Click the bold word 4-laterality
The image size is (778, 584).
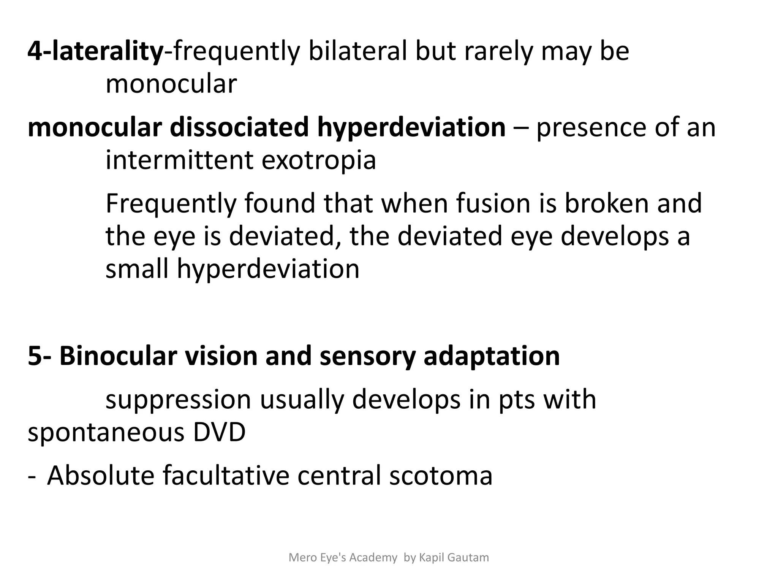click(95, 52)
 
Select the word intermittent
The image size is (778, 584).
click(179, 160)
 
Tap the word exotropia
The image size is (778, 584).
click(319, 161)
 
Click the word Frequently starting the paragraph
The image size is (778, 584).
click(171, 204)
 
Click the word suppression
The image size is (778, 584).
click(178, 400)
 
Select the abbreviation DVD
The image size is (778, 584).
click(219, 433)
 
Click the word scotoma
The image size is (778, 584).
click(441, 476)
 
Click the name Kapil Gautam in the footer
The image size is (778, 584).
click(454, 557)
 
